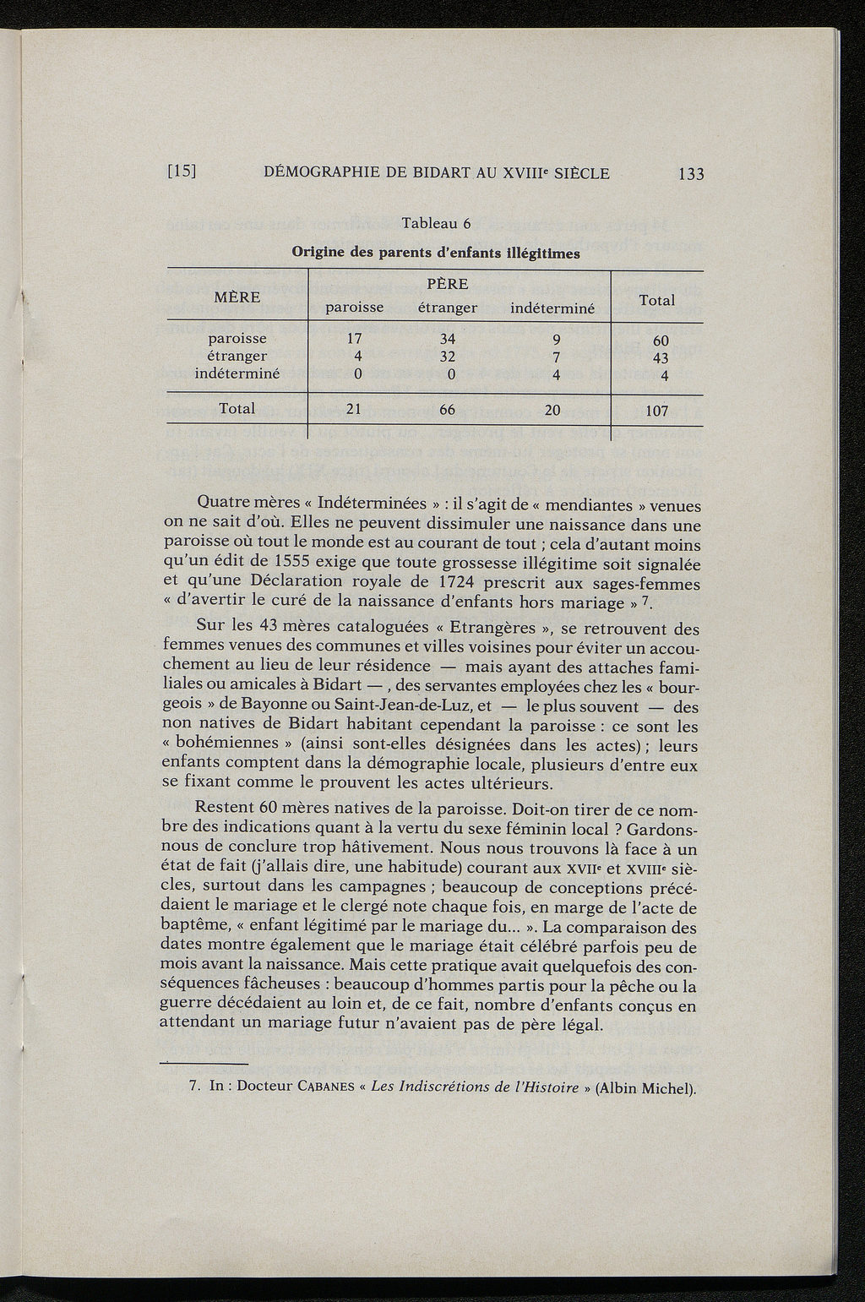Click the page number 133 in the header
[x=690, y=175]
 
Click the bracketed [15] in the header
[x=182, y=172]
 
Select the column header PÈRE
[x=448, y=284]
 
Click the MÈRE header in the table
[x=237, y=297]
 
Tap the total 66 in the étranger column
[x=448, y=410]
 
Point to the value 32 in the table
[x=448, y=356]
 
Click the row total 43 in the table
[x=661, y=358]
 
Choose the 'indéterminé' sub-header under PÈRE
[x=553, y=308]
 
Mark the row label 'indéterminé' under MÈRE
[x=237, y=373]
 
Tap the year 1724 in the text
[x=461, y=583]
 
